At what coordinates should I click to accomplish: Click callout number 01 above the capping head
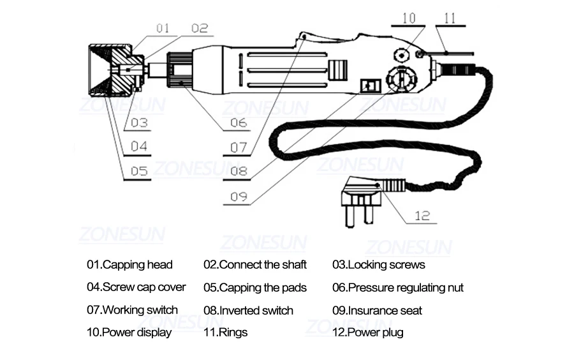pyautogui.click(x=163, y=28)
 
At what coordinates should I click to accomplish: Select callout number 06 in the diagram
pyautogui.click(x=239, y=123)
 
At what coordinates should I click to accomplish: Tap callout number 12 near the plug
pyautogui.click(x=422, y=216)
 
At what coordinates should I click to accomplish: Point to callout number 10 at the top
pyautogui.click(x=409, y=19)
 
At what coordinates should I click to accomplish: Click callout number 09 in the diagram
pyautogui.click(x=239, y=197)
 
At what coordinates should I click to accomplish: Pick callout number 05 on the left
pyautogui.click(x=139, y=171)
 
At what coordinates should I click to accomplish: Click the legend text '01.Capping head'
pyautogui.click(x=129, y=265)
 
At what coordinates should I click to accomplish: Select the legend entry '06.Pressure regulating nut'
pyautogui.click(x=398, y=288)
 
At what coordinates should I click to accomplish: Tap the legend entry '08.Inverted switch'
pyautogui.click(x=248, y=311)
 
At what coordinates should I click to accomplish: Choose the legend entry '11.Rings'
pyautogui.click(x=226, y=333)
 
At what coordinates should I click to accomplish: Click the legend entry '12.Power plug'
pyautogui.click(x=368, y=333)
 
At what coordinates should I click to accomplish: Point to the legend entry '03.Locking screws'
pyautogui.click(x=379, y=265)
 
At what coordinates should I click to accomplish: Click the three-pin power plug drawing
pyautogui.click(x=362, y=200)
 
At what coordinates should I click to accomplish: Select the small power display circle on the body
pyautogui.click(x=402, y=56)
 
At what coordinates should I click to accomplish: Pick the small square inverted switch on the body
pyautogui.click(x=371, y=86)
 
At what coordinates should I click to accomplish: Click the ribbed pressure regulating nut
pyautogui.click(x=180, y=70)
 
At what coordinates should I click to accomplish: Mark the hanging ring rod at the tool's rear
pyautogui.click(x=446, y=54)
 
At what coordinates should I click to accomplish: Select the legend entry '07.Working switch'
pyautogui.click(x=132, y=310)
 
